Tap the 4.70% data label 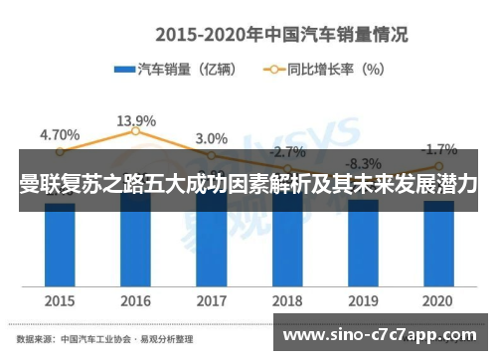click(60, 133)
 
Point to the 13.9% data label click(135, 120)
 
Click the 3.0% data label click(211, 138)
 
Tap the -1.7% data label click(438, 150)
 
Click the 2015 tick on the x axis click(60, 299)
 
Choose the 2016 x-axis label click(135, 299)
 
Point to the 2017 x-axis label click(211, 299)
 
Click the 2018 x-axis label click(287, 299)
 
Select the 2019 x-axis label click(363, 299)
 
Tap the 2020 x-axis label click(438, 299)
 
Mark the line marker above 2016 click(136, 132)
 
